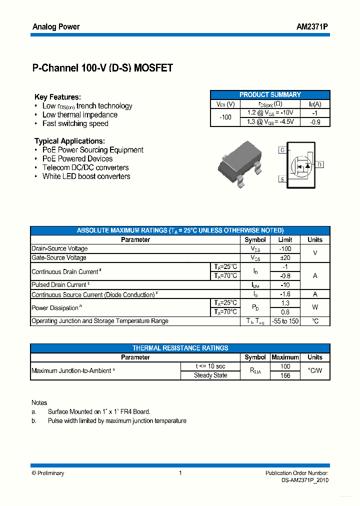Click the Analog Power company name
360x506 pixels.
click(56, 26)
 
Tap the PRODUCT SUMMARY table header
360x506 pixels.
click(270, 94)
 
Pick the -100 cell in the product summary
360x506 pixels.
click(225, 117)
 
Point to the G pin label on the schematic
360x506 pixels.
click(282, 150)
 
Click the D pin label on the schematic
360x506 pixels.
click(320, 164)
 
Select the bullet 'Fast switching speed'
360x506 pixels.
click(75, 123)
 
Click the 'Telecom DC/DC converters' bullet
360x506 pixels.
click(85, 167)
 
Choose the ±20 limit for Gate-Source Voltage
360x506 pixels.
click(285, 257)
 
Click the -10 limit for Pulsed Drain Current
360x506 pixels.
click(285, 285)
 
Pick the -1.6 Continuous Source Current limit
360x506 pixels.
click(285, 294)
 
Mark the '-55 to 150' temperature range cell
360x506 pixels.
click(285, 321)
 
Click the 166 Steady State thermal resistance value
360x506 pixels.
click(285, 375)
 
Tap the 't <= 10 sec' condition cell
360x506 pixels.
click(210, 366)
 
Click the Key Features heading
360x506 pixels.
click(57, 97)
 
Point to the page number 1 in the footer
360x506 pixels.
click(180, 473)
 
